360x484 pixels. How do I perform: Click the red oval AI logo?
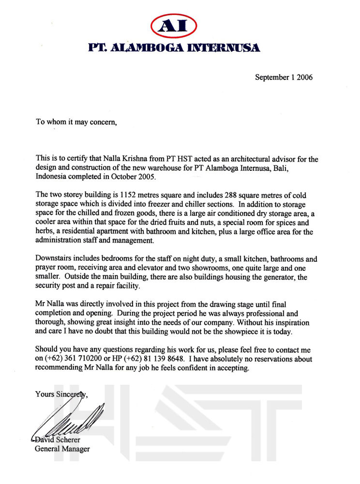tap(173, 26)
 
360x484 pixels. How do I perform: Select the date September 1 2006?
tap(284, 77)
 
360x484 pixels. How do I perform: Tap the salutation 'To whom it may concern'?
tap(76, 122)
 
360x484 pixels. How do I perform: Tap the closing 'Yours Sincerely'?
tap(61, 394)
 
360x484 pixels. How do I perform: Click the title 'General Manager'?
tap(62, 449)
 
